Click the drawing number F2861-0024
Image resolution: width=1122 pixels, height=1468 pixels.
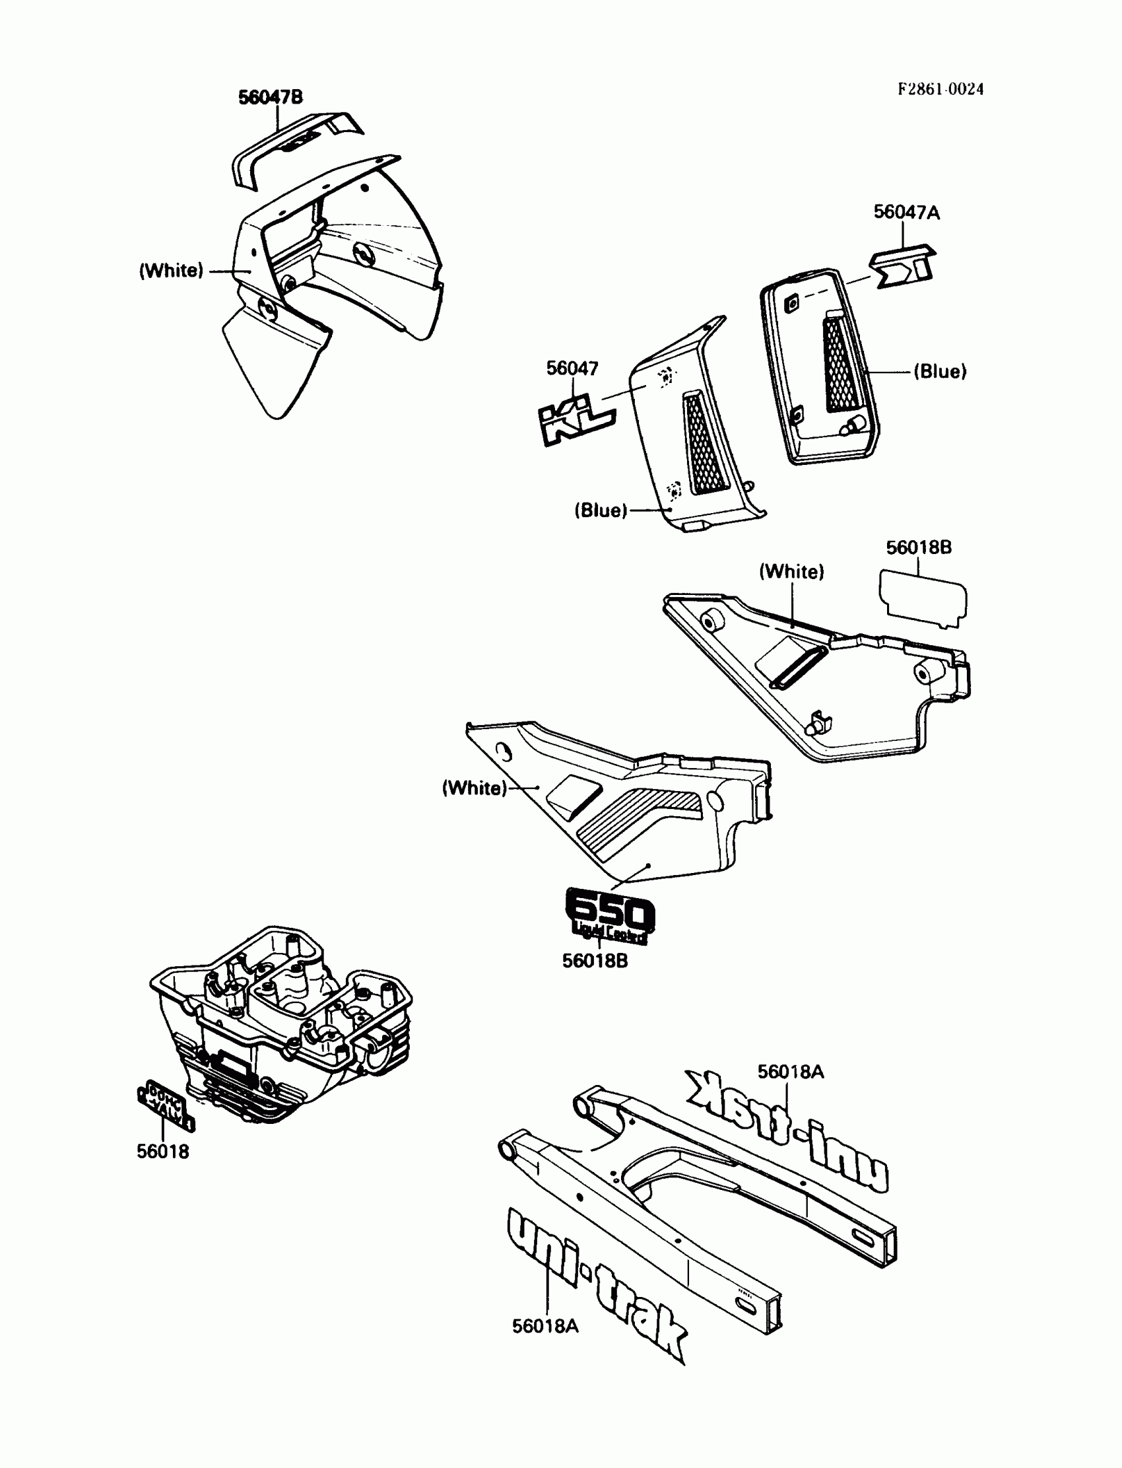click(940, 90)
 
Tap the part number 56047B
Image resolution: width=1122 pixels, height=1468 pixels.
click(271, 98)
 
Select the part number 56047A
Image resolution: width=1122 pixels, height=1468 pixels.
click(906, 213)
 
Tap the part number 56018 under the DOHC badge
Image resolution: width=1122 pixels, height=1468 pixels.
click(163, 1151)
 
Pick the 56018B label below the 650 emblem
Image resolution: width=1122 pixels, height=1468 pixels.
click(595, 961)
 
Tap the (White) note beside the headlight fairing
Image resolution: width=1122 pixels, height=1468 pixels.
click(171, 271)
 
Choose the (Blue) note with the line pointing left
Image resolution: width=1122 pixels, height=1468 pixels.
click(940, 372)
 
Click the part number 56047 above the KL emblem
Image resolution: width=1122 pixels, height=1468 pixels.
click(572, 368)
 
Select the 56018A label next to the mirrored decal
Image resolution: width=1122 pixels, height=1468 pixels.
click(790, 1072)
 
